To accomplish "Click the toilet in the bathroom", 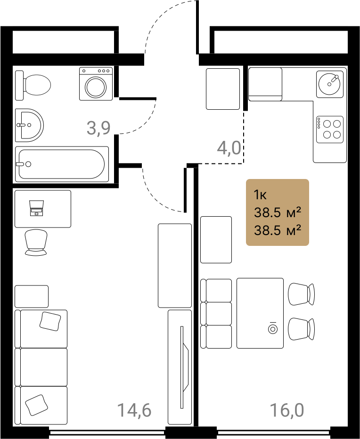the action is click(x=33, y=85).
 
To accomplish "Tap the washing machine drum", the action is click(x=96, y=87).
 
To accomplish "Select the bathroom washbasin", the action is click(x=29, y=125).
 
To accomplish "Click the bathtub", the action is click(x=62, y=164).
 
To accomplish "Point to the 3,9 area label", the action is click(x=98, y=128).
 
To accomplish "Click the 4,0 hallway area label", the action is click(x=229, y=148).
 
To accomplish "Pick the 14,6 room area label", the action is click(x=134, y=410).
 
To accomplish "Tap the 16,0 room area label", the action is click(x=287, y=410).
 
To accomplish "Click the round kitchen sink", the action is click(x=329, y=84).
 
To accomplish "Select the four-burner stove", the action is click(x=330, y=130).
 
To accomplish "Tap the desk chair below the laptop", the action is click(x=36, y=243).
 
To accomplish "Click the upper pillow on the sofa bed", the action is click(x=50, y=321).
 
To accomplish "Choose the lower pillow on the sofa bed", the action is click(x=36, y=405).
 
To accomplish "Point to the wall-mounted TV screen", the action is click(x=184, y=367).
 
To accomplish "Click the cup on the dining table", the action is click(x=272, y=329).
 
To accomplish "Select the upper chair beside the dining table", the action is click(x=302, y=294).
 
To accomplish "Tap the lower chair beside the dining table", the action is click(x=302, y=329).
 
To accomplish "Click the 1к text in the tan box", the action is click(x=260, y=195).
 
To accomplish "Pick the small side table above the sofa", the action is click(x=32, y=296).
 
